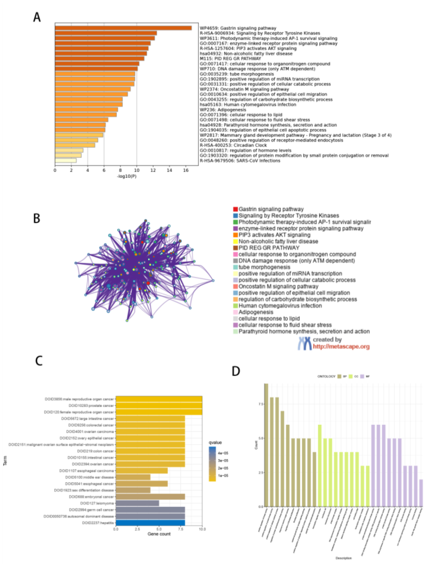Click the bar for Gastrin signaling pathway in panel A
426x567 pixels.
coord(123,28)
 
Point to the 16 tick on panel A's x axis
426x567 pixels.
coord(186,170)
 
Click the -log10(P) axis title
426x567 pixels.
coord(127,176)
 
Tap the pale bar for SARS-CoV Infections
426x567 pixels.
coord(66,160)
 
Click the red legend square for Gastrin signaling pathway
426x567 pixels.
coord(236,209)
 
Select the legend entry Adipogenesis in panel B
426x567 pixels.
coord(255,312)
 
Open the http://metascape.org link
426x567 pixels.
coord(341,347)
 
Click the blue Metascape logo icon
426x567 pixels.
coord(304,343)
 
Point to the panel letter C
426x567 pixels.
coord(39,361)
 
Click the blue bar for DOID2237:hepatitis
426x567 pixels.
coord(150,523)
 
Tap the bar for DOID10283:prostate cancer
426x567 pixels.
coord(159,406)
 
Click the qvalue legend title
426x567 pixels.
coord(215,443)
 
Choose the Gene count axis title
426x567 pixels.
coord(159,534)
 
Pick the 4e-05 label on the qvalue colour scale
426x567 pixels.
coord(223,453)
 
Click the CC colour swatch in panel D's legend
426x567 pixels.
coord(350,376)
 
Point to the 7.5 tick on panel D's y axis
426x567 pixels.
coord(261,404)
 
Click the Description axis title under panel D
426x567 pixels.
coord(343,558)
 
